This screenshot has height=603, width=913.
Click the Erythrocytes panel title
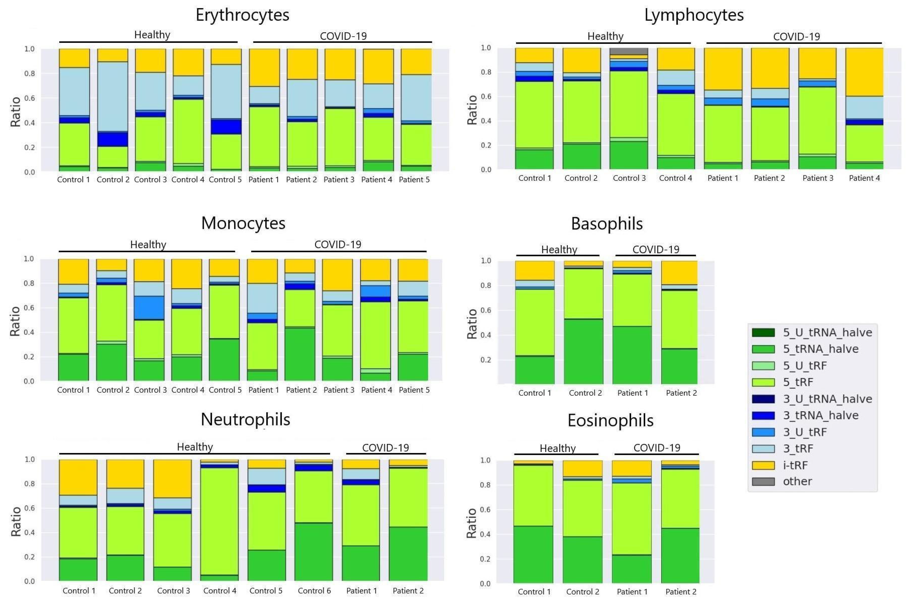242,15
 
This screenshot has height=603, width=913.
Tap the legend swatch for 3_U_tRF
763,432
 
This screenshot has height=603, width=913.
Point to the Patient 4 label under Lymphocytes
864,178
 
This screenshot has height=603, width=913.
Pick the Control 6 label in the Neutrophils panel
314,591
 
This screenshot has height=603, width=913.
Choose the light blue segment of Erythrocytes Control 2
113,96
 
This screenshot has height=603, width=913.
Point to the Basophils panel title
607,224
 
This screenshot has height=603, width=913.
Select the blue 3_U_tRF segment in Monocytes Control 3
149,307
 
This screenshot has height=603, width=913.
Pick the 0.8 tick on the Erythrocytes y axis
30,74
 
